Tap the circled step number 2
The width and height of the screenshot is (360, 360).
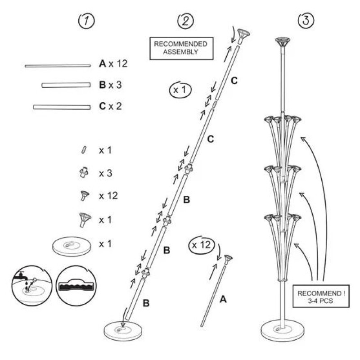185,20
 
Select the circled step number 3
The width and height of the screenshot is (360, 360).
306,20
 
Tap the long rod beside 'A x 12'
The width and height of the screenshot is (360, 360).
58,66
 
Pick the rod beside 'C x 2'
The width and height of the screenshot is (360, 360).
62,107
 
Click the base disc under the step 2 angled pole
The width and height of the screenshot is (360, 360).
123,330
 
